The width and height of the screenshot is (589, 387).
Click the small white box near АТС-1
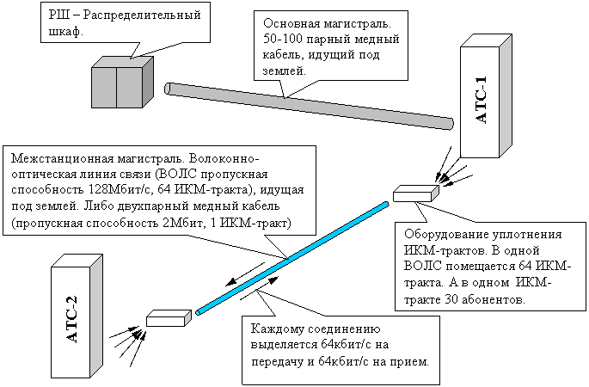(409, 195)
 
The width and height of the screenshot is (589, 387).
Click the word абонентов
(507, 298)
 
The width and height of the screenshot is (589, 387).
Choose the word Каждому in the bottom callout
(278, 329)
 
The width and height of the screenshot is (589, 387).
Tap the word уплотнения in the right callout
(529, 236)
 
